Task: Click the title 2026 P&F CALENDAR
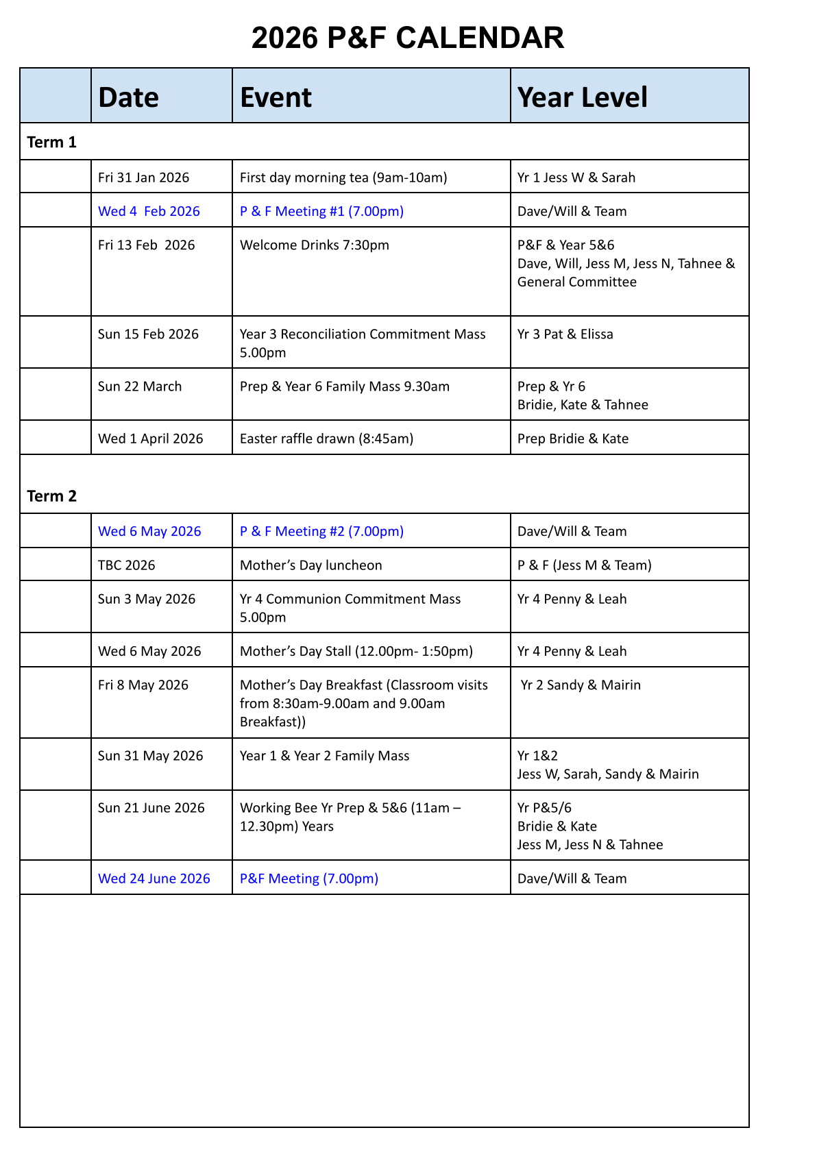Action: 408,38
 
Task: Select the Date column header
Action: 128,97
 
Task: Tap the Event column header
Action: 276,97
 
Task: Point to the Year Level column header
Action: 582,97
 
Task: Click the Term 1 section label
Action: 52,143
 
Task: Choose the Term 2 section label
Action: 52,496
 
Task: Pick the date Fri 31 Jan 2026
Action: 143,177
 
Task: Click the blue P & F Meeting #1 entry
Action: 321,211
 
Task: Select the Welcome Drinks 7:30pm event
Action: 314,245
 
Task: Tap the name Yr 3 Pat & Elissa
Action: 565,334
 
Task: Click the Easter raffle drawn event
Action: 326,439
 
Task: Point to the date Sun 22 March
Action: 140,386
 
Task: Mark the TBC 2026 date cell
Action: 127,565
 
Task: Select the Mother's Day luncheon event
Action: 310,565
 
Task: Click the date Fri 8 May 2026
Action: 143,685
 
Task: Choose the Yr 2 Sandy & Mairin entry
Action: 581,685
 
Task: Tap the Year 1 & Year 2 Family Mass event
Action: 324,756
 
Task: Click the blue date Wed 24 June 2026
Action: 154,879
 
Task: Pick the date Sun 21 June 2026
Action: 151,808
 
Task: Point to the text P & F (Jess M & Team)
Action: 584,565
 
